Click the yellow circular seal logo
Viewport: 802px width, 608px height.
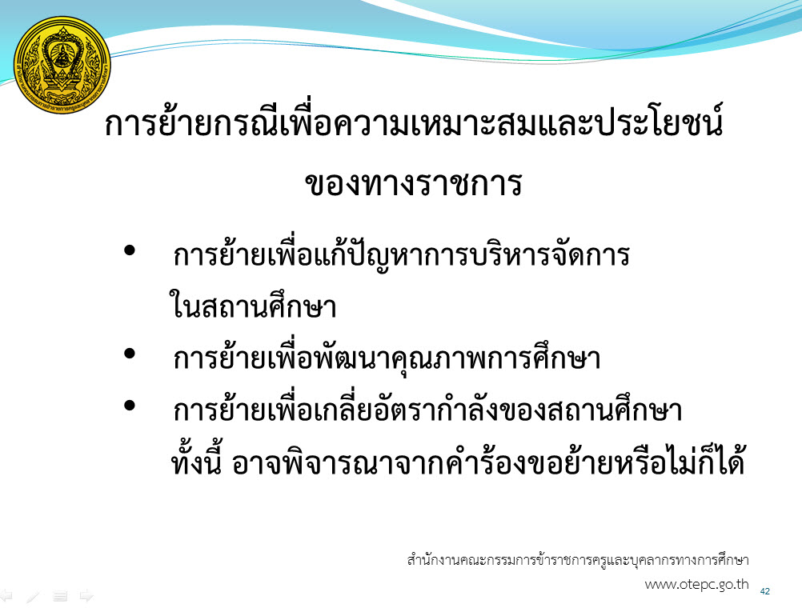pyautogui.click(x=62, y=65)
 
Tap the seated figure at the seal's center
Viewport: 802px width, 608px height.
pyautogui.click(x=62, y=54)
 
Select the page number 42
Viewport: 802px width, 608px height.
pyautogui.click(x=765, y=591)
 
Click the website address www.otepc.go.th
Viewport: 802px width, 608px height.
pyautogui.click(x=696, y=585)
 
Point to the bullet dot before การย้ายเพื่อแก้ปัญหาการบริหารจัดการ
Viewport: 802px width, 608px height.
pyautogui.click(x=130, y=250)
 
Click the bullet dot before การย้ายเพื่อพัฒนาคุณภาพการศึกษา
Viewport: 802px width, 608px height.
pyautogui.click(x=130, y=353)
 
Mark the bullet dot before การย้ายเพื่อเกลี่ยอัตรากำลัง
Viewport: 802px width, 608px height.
pyautogui.click(x=130, y=406)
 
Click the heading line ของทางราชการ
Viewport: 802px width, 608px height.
pyautogui.click(x=414, y=182)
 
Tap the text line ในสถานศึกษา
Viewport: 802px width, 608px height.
pyautogui.click(x=253, y=304)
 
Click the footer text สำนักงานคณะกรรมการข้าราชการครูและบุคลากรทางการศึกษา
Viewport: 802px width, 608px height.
pyautogui.click(x=578, y=559)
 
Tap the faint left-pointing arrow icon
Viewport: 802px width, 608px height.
pyautogui.click(x=6, y=595)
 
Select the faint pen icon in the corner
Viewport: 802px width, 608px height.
pyautogui.click(x=34, y=596)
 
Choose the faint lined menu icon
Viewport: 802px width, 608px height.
pyautogui.click(x=60, y=596)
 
